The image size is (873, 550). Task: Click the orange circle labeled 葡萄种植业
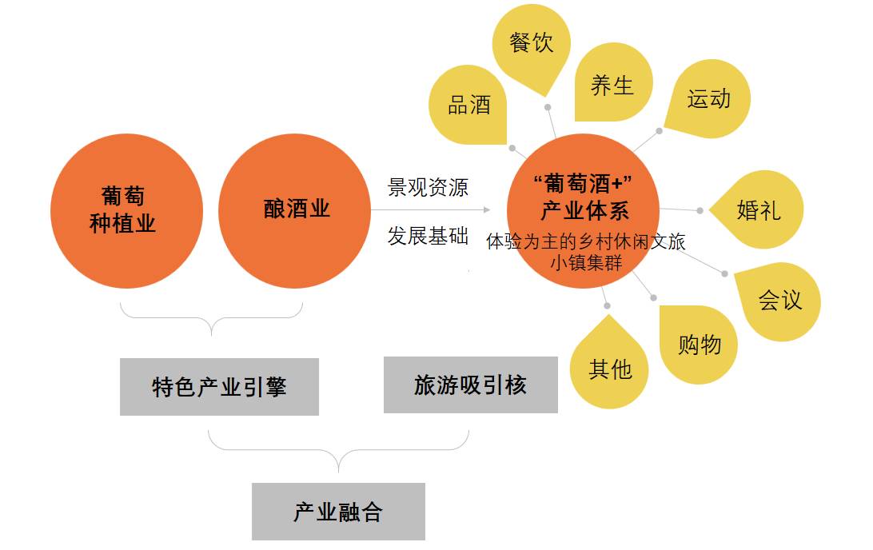[126, 211]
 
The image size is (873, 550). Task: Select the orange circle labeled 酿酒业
[294, 211]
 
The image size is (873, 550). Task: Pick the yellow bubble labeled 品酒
[468, 105]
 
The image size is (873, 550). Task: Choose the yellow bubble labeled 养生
[613, 82]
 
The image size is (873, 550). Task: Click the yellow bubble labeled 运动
[708, 99]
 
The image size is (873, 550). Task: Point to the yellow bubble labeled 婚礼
[759, 210]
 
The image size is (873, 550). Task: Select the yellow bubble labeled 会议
[779, 301]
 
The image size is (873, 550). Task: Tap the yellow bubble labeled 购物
[699, 345]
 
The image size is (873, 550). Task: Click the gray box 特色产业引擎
[219, 386]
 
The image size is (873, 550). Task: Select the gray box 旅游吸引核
[470, 385]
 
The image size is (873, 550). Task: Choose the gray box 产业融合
[338, 512]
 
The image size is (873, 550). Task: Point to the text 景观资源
[429, 187]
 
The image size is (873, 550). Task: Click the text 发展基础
[429, 236]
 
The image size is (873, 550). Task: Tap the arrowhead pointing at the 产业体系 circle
[487, 210]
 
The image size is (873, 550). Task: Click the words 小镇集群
[586, 263]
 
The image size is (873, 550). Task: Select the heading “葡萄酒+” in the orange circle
[583, 183]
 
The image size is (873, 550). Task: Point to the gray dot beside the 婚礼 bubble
[700, 210]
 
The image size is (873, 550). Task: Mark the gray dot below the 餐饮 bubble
[548, 107]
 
